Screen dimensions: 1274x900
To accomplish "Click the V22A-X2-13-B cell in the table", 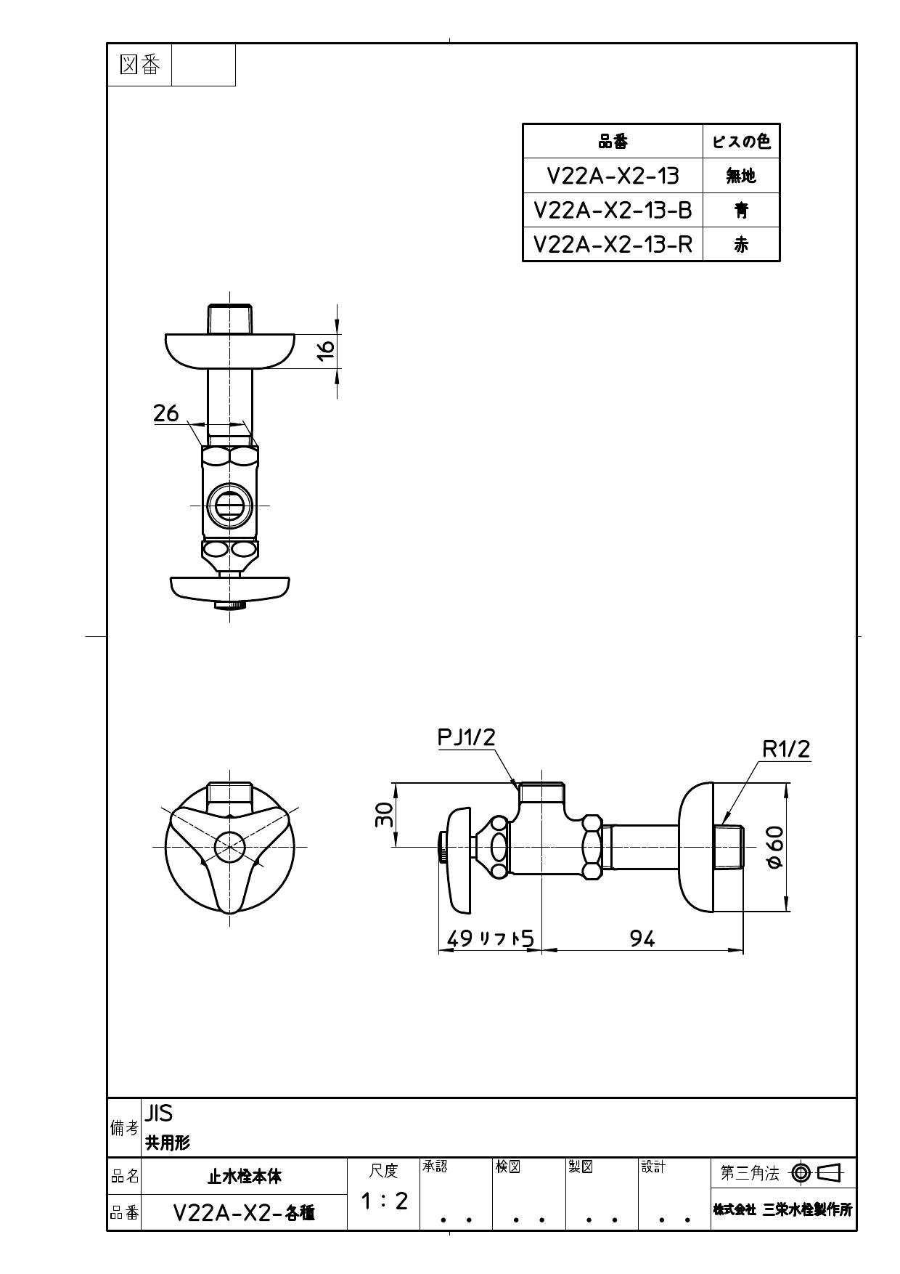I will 613,210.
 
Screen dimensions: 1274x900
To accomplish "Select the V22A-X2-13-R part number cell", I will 613,244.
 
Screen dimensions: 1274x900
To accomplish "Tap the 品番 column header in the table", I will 613,142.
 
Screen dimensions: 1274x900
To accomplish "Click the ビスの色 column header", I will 741,141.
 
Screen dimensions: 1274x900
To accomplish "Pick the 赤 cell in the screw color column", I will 741,245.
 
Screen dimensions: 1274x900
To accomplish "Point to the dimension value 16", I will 327,347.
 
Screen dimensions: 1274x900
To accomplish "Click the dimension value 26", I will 166,413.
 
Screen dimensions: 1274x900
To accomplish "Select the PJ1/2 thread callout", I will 466,737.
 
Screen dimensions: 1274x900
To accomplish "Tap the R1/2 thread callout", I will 785,749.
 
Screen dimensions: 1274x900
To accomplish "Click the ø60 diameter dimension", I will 774,848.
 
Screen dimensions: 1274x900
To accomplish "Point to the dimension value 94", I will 642,939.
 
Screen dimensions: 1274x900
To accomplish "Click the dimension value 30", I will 384,815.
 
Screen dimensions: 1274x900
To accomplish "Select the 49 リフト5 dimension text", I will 490,939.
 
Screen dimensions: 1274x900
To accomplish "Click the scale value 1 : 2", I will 384,1201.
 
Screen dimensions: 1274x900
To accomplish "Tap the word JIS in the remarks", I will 159,1113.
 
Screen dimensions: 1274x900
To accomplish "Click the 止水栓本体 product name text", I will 245,1176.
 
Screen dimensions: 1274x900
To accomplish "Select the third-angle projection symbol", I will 817,1172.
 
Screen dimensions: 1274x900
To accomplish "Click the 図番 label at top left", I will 139,65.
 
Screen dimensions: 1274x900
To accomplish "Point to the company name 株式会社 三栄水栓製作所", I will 782,1209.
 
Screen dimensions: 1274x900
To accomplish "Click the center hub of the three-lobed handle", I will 230,847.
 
